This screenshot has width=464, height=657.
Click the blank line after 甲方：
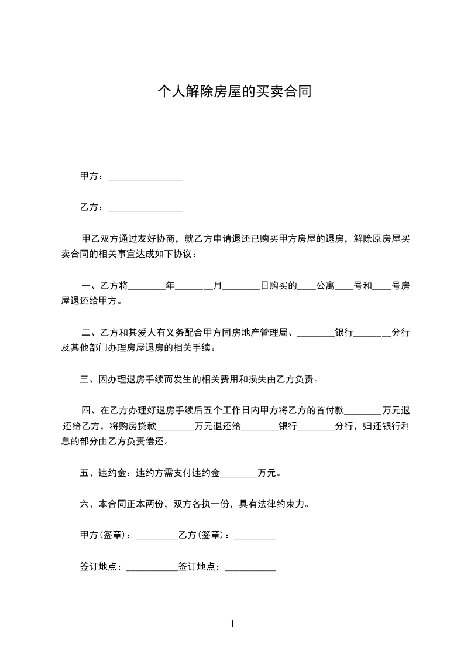[145, 176]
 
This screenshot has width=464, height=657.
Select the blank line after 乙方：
[145, 207]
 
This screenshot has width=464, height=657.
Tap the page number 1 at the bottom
[232, 624]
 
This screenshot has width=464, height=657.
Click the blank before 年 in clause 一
[146, 286]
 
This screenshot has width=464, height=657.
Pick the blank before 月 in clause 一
[194, 286]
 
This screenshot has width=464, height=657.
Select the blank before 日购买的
[241, 286]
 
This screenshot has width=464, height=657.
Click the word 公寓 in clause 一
[325, 286]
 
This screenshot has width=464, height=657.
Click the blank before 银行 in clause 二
[315, 333]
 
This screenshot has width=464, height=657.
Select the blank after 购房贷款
[176, 426]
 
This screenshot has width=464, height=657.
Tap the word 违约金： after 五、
[116, 473]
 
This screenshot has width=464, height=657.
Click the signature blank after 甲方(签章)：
[156, 535]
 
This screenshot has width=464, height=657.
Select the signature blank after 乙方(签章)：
[255, 535]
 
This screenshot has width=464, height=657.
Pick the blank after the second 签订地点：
[250, 567]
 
